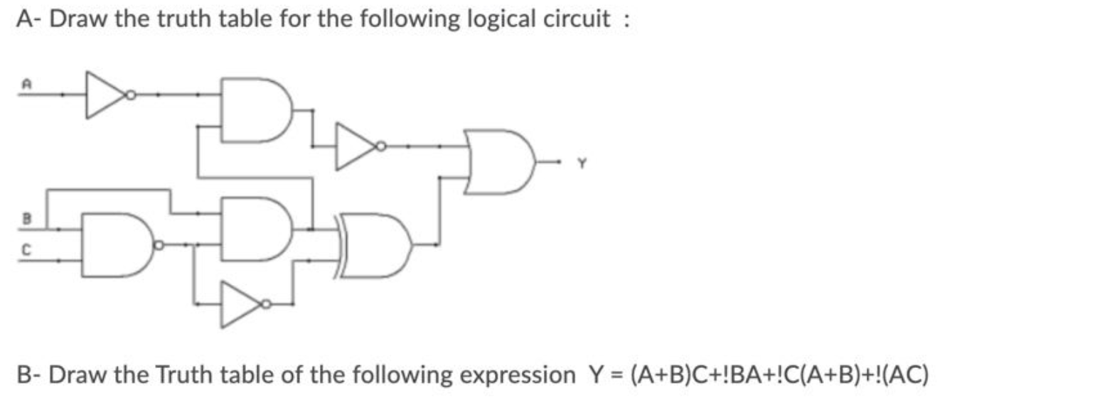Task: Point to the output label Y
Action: pos(581,163)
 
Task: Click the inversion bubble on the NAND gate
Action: pos(160,245)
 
